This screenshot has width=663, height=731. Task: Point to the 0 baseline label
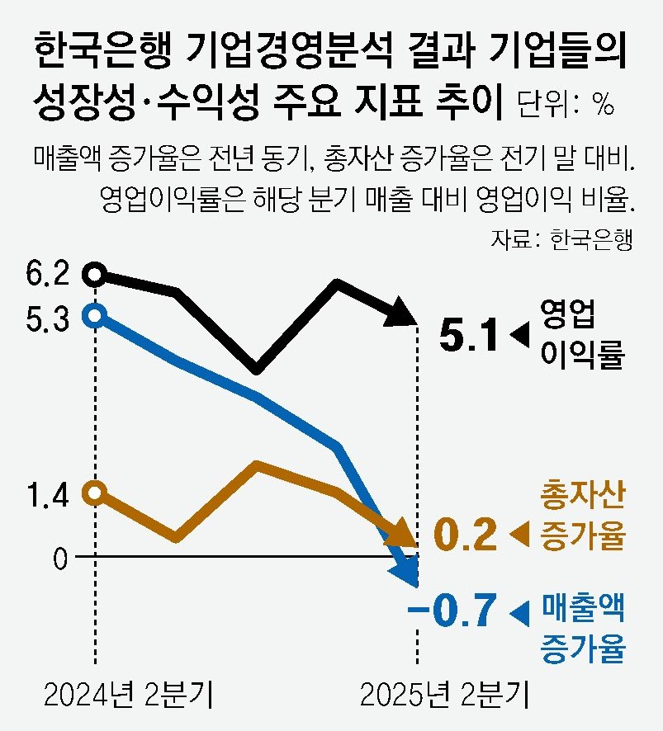(59, 559)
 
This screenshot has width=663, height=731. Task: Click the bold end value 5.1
(469, 336)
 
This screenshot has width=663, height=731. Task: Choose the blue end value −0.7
(453, 612)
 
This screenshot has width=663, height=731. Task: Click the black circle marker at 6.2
(96, 274)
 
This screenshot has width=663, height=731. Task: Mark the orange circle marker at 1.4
(96, 492)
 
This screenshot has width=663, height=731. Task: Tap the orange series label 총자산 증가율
(581, 517)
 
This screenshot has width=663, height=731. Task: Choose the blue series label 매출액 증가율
(581, 627)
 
